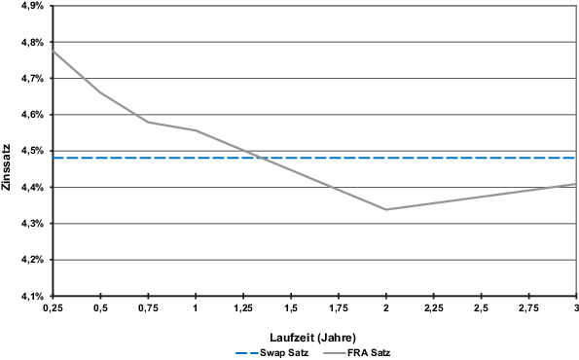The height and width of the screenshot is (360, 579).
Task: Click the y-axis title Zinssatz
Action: [x=8, y=152]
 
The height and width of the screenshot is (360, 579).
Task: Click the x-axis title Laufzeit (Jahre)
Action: [x=314, y=332]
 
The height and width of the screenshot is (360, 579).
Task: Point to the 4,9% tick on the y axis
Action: [x=29, y=6]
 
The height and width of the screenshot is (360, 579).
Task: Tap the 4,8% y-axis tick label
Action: [x=29, y=43]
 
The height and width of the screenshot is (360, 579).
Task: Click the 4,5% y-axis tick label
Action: [x=29, y=151]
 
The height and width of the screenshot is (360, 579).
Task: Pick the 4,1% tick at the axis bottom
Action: [x=29, y=296]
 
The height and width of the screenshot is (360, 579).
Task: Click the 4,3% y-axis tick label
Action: [x=29, y=224]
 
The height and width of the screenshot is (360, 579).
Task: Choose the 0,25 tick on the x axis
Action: [x=54, y=308]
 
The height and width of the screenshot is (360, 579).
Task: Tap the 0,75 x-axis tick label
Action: [x=148, y=308]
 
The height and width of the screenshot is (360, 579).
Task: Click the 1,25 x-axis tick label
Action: [x=243, y=308]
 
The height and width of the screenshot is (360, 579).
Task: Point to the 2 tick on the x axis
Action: [x=386, y=308]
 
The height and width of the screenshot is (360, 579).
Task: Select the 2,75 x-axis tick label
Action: [x=528, y=308]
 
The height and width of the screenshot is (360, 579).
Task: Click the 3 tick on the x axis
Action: [x=575, y=308]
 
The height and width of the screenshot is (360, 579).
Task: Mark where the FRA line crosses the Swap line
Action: [x=262, y=158]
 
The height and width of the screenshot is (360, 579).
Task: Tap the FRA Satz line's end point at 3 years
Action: [x=576, y=184]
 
